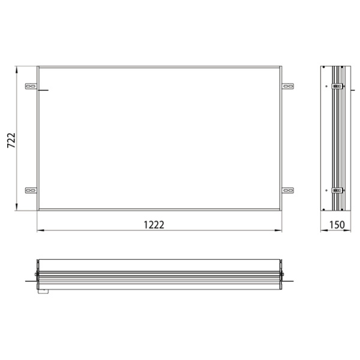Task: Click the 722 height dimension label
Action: [11, 139]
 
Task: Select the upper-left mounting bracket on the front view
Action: [30, 88]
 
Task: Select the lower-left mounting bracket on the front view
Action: [30, 191]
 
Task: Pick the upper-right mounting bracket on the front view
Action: [289, 88]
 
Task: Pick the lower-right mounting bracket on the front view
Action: [289, 191]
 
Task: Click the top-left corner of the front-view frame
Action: [38, 67]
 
